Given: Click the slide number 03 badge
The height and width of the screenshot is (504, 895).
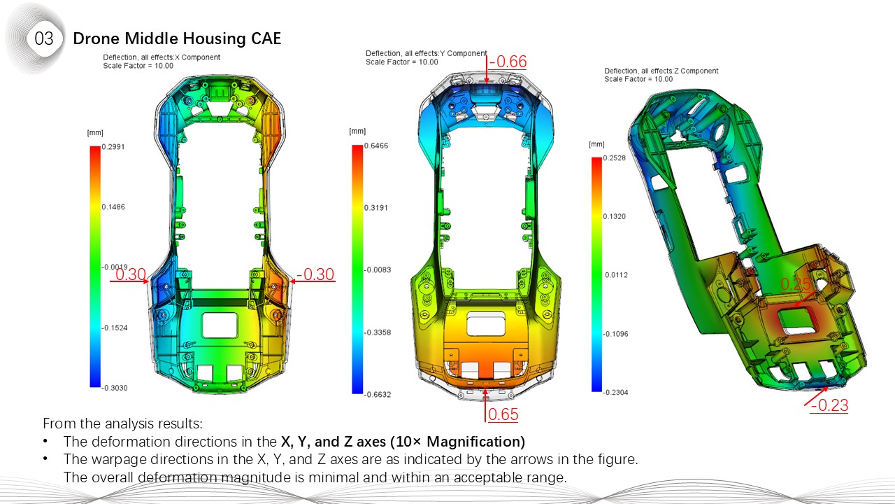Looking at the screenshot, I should click(43, 39).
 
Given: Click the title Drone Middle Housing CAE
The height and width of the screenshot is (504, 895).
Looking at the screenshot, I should click(177, 39).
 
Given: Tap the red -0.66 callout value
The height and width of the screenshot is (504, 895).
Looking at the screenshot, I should click(508, 62).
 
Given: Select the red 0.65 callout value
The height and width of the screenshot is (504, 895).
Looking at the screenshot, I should click(503, 414).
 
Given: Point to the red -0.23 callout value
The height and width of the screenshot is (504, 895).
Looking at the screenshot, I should click(829, 405).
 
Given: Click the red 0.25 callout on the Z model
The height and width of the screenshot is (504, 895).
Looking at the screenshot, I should click(795, 284).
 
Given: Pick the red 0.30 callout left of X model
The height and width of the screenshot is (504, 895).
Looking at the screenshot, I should click(130, 274).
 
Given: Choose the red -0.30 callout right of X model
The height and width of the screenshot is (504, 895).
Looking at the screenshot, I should click(315, 274).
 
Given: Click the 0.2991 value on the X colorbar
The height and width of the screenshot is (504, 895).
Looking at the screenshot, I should click(114, 146).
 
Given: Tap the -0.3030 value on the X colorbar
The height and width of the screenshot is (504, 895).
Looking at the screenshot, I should click(115, 387).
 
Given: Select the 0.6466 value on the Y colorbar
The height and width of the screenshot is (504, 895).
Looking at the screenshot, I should click(377, 146).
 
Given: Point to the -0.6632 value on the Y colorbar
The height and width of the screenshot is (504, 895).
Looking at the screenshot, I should click(378, 394).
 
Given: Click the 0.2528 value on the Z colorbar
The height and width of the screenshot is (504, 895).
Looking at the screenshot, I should click(615, 158).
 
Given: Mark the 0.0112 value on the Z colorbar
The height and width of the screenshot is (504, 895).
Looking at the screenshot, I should click(616, 275).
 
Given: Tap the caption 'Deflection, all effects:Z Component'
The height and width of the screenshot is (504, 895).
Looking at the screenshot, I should click(661, 71).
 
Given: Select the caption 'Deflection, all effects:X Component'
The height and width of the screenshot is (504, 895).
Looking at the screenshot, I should click(162, 57).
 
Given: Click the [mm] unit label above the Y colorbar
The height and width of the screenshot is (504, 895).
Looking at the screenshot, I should click(357, 132).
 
